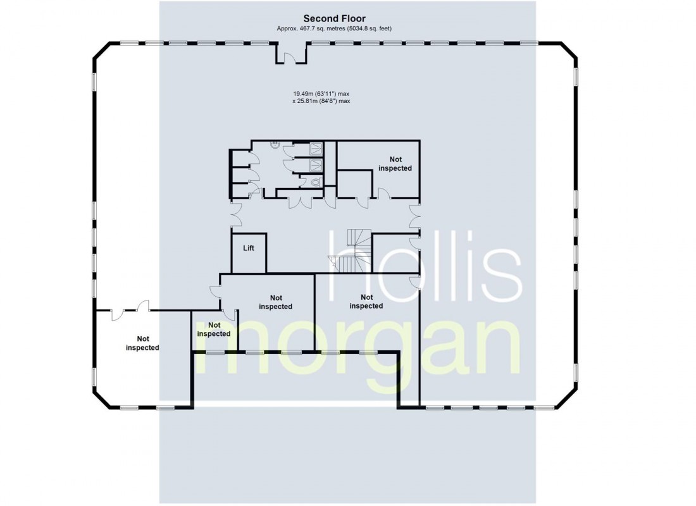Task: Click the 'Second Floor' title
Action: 334,19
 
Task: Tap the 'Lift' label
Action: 249,248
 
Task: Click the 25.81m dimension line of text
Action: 321,101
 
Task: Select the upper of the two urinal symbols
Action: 315,149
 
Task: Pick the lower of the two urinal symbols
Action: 315,165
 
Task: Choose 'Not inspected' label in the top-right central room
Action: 395,164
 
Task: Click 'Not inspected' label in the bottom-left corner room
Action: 142,343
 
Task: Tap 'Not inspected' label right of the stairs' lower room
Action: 366,302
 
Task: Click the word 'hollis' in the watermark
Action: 424,266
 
